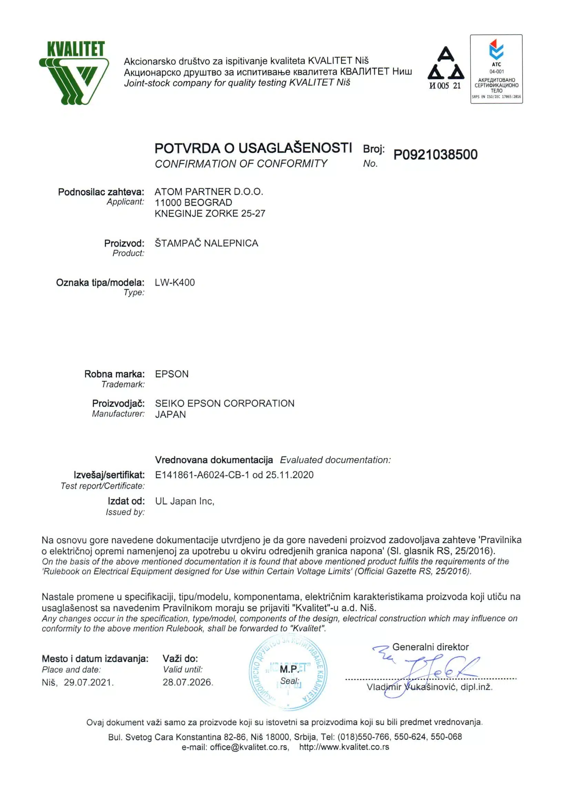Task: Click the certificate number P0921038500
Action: pos(435,155)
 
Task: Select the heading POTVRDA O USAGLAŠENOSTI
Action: pos(253,148)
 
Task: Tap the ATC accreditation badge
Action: pos(496,69)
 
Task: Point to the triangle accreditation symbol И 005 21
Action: pos(445,68)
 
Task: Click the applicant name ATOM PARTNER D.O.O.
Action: pos(208,191)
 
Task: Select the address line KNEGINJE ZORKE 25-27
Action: pos(210,213)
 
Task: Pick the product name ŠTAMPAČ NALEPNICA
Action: pos(206,243)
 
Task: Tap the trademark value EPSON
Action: pos(172,374)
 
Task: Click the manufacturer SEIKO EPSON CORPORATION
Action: pos(224,403)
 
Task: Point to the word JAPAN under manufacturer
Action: pos(170,415)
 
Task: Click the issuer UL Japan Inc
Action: pos(184,501)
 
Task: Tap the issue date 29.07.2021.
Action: pos(89,683)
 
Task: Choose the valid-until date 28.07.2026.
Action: pos(187,682)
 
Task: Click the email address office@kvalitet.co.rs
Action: pos(249,747)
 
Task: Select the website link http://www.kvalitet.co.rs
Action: pos(344,747)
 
